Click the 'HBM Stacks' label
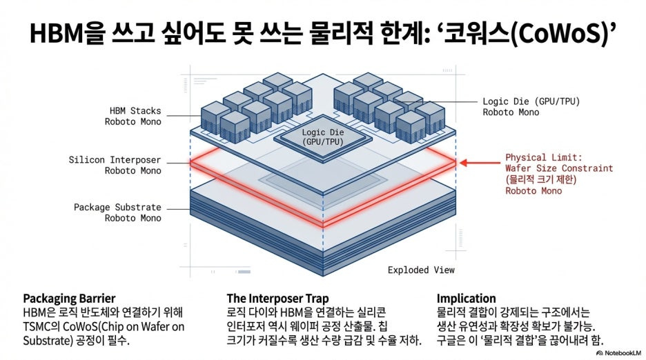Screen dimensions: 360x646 tap(135, 110)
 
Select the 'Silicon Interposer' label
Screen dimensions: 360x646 tap(115, 160)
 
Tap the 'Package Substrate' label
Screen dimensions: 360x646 tap(117, 207)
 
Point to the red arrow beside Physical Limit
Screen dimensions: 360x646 tap(477, 163)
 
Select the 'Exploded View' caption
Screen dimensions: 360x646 tap(421, 270)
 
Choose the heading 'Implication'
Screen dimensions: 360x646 tap(466, 299)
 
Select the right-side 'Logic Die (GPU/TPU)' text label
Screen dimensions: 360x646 tap(531, 101)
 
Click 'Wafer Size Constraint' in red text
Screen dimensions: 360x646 tap(559, 168)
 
